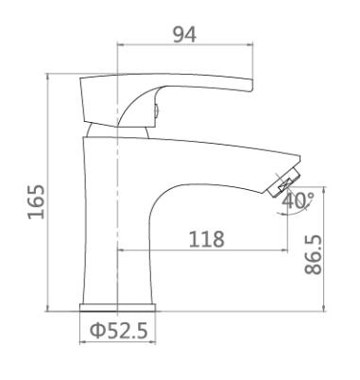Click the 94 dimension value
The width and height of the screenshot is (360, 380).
pyautogui.click(x=184, y=34)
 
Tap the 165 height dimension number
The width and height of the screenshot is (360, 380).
pyautogui.click(x=36, y=201)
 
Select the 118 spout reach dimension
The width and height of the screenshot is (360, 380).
pyautogui.click(x=206, y=239)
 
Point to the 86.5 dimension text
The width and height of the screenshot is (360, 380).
pyautogui.click(x=314, y=254)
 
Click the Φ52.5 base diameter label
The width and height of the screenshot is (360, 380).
pyautogui.click(x=119, y=331)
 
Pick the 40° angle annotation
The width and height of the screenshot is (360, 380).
pyautogui.click(x=298, y=200)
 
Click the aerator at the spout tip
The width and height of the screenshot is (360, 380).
pyautogui.click(x=284, y=182)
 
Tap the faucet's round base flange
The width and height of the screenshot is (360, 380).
pyautogui.click(x=117, y=307)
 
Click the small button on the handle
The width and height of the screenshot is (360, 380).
pyautogui.click(x=156, y=111)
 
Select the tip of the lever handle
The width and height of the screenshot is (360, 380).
pyautogui.click(x=251, y=85)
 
